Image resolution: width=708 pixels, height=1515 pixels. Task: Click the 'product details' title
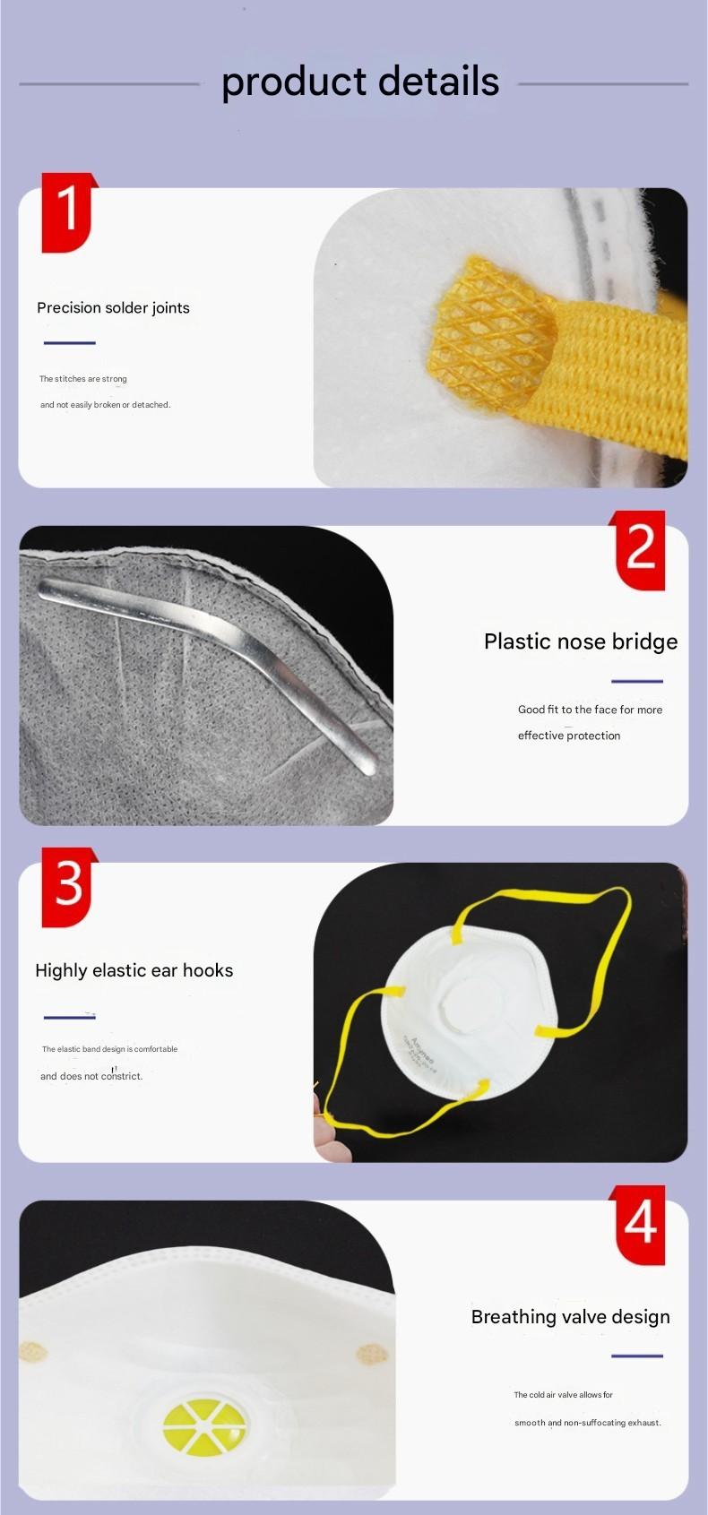tap(360, 82)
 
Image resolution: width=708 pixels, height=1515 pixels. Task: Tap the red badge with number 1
tap(68, 212)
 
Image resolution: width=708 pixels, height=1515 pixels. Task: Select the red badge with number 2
tap(638, 550)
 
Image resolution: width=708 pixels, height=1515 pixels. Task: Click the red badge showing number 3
tap(68, 887)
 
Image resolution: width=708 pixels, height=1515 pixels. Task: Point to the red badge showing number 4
tap(638, 1224)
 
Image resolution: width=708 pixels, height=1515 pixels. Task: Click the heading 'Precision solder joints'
tap(113, 307)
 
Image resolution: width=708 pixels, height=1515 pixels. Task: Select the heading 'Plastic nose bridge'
tap(581, 641)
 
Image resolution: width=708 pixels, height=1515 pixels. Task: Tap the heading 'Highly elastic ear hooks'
tap(134, 970)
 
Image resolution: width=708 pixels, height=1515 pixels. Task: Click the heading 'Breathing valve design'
tap(571, 1317)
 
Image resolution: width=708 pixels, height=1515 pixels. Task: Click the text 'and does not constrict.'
tap(91, 1076)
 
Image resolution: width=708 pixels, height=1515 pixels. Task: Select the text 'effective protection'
tap(569, 736)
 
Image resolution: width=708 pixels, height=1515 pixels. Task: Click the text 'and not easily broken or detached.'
tap(105, 404)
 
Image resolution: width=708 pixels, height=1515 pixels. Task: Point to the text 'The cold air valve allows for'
tap(563, 1395)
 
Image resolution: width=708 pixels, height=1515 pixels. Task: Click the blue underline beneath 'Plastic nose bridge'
tap(637, 681)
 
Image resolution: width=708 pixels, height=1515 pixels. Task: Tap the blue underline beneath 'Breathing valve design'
tap(637, 1356)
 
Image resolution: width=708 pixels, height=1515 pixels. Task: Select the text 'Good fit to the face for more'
tap(591, 710)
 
